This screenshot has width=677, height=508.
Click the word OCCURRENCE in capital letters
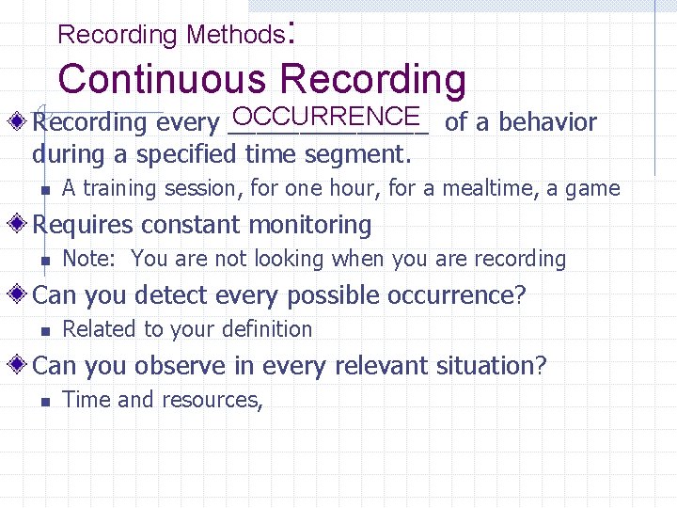[x=324, y=117]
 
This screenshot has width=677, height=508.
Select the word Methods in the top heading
[x=234, y=36]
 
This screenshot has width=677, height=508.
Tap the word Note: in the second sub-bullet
[x=88, y=259]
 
